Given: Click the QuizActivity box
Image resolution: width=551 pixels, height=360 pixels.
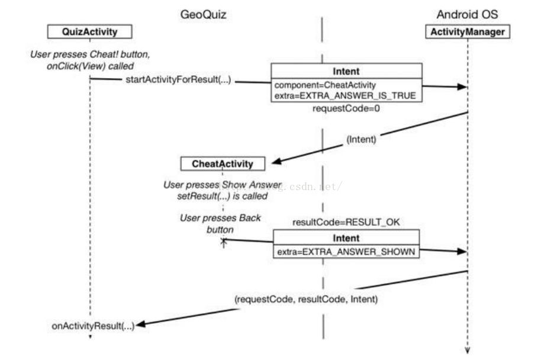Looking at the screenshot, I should (x=89, y=31).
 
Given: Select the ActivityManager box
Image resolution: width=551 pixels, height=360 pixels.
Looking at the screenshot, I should (x=468, y=31).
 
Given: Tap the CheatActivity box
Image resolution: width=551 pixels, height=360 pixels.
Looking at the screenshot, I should (x=223, y=164).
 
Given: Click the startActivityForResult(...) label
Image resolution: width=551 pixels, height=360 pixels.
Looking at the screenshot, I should (x=178, y=79).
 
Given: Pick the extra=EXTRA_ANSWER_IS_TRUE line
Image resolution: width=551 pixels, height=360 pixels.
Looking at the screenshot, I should (x=345, y=95).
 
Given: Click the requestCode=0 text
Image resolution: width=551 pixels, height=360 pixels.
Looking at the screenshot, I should (x=337, y=110).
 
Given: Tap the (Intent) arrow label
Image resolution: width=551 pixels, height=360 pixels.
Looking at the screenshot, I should (x=362, y=140).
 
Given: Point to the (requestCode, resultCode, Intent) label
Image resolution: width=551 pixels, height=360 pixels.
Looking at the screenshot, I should (x=307, y=300).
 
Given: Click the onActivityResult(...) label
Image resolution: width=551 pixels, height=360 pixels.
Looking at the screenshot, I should (x=94, y=326).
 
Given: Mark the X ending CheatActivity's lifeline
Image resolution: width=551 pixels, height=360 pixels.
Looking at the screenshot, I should (x=223, y=241).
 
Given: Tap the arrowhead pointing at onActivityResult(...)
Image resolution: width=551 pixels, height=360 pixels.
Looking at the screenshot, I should (x=141, y=324).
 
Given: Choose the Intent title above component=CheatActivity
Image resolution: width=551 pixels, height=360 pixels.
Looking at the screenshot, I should (x=346, y=71).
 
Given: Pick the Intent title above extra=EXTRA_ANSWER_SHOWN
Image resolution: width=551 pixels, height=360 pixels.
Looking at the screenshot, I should (x=346, y=238).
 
